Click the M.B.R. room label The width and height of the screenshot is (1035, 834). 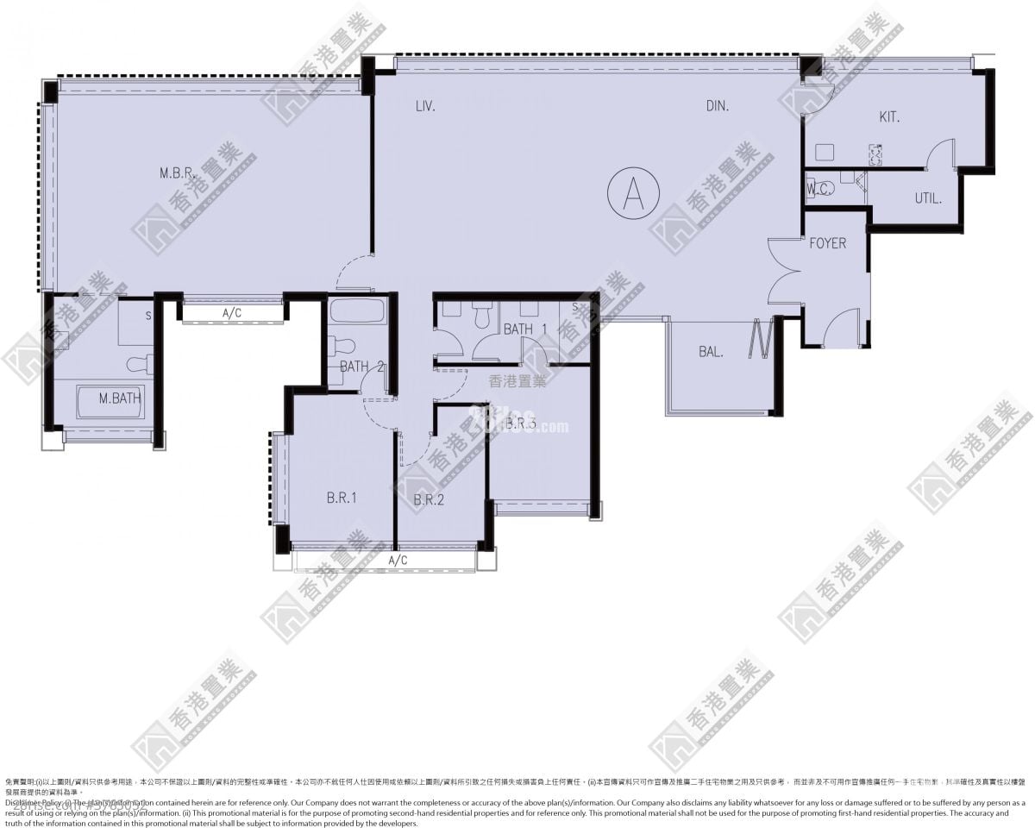point(179,173)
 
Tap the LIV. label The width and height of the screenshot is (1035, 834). point(424,106)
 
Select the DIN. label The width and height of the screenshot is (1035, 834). point(718,106)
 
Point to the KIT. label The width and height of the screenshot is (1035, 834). point(889,116)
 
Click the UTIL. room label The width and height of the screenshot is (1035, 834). point(928,198)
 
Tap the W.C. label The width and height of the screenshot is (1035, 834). point(819,190)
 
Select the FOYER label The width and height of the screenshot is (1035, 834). point(827,243)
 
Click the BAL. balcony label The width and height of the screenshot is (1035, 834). point(711,352)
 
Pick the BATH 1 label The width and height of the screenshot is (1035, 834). point(525,329)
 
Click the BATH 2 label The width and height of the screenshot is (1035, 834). point(361,367)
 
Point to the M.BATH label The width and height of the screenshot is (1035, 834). point(120,398)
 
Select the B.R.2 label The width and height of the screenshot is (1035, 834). point(429,499)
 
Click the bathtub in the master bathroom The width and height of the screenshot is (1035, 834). point(110,402)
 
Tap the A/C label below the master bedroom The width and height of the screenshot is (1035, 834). point(231,314)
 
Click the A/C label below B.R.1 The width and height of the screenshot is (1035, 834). point(398,561)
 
